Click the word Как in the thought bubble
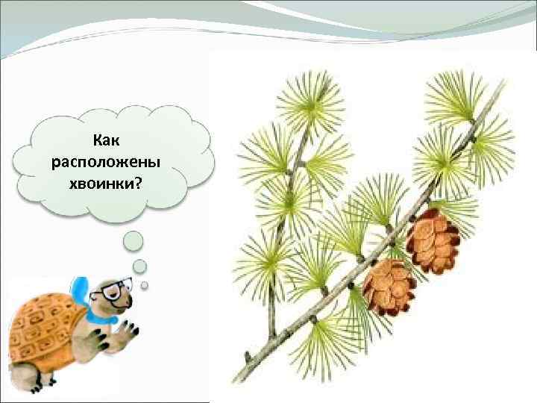click(111, 140)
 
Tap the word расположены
click(111, 161)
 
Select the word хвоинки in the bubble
click(107, 182)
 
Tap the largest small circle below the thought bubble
click(133, 240)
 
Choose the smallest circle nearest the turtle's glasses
click(145, 284)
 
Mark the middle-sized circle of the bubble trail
click(139, 266)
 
